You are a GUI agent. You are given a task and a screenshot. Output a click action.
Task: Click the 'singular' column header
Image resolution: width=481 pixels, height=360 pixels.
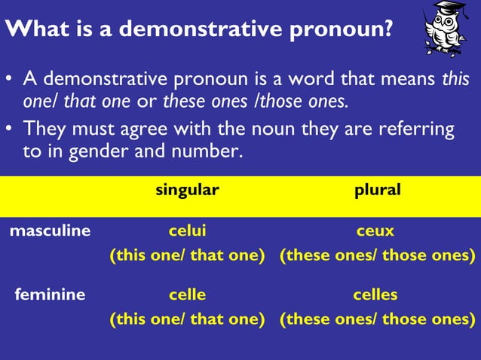click(x=187, y=190)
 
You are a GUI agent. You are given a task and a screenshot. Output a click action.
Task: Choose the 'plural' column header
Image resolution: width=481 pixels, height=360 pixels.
click(x=377, y=190)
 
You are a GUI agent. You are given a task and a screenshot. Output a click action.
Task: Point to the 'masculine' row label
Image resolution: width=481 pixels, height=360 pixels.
click(x=50, y=230)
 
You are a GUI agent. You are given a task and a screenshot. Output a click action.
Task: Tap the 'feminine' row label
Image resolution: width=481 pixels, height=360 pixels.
click(x=50, y=294)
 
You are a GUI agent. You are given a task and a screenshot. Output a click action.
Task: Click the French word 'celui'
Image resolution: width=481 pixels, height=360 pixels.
click(x=187, y=230)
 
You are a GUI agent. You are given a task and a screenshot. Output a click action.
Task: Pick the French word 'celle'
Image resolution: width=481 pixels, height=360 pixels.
click(x=187, y=294)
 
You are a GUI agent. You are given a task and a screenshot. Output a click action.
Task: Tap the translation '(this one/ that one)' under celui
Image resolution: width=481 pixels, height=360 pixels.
click(x=187, y=255)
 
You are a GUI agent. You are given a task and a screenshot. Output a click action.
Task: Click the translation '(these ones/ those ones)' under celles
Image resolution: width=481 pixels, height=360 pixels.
click(x=377, y=319)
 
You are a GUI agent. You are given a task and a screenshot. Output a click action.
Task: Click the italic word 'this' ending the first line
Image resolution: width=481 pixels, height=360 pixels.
click(x=455, y=78)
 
